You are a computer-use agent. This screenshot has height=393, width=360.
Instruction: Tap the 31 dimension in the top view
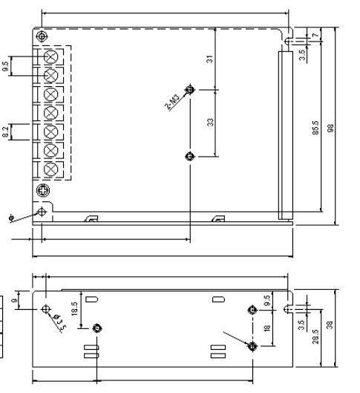[x=211, y=59]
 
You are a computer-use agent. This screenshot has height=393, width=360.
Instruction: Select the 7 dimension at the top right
[x=315, y=36]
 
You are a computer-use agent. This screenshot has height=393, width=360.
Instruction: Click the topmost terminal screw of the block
[x=52, y=56]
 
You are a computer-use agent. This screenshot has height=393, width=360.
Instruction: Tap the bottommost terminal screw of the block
[x=52, y=168]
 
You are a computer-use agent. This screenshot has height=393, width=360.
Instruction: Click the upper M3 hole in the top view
[x=189, y=90]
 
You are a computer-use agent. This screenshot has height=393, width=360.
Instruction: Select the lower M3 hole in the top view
[x=189, y=156]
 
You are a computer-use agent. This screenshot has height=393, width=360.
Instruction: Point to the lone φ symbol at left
[x=10, y=218]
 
